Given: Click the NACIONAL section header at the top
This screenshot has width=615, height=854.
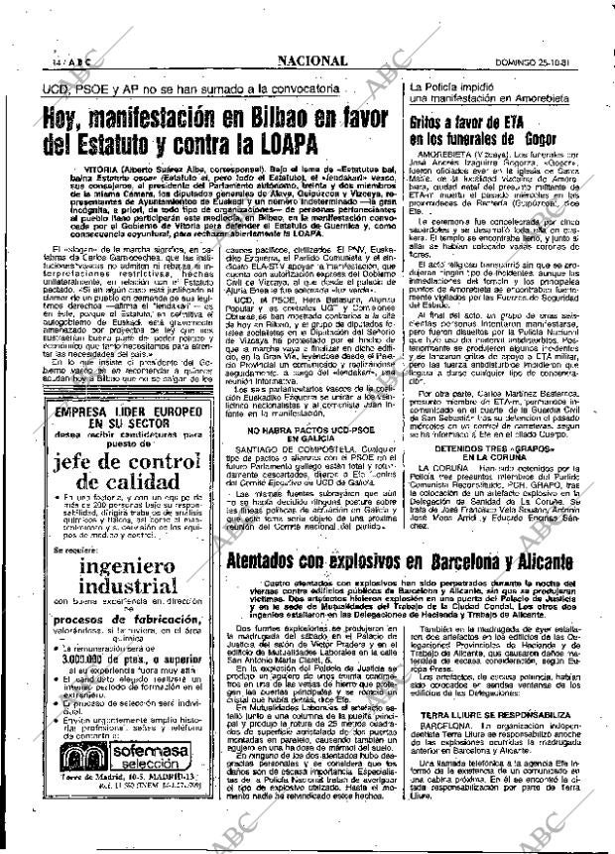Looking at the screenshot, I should point(311,61).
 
